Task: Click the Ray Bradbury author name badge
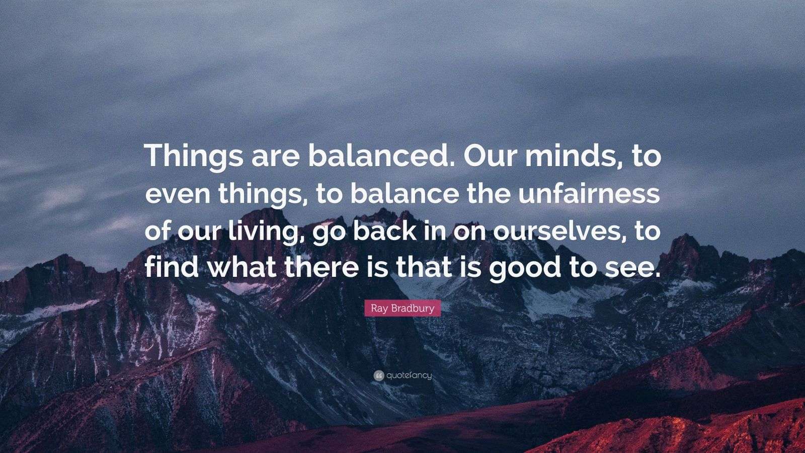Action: [403, 308]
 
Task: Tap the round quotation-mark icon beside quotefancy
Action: [378, 375]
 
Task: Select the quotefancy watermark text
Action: [409, 375]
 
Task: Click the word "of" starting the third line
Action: [157, 232]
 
